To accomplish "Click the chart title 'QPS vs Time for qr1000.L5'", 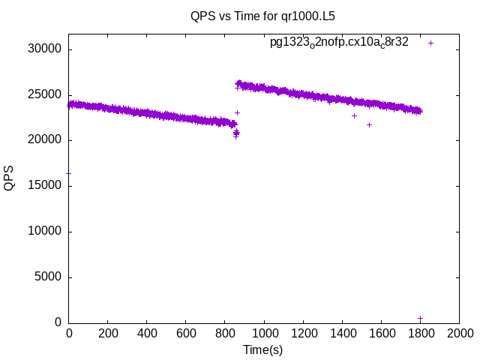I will click(x=262, y=15).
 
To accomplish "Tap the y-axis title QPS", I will click(x=9, y=178).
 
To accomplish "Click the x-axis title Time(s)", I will click(x=262, y=349).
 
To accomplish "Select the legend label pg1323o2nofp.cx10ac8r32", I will click(x=339, y=43).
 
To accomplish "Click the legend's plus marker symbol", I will click(x=430, y=43).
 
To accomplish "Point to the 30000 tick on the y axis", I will click(x=45, y=49).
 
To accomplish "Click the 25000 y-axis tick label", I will click(x=45, y=95).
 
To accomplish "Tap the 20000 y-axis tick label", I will click(x=45, y=140).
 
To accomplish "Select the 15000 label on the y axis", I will click(x=45, y=186).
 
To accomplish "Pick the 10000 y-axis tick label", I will click(x=45, y=232).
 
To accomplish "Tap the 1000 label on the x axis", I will click(x=264, y=332).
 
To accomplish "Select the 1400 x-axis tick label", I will click(x=342, y=332).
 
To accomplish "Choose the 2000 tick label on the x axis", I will click(x=459, y=332).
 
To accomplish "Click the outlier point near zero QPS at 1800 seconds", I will click(x=420, y=318).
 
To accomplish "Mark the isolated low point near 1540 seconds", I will click(x=369, y=124).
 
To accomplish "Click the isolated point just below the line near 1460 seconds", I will click(x=354, y=115).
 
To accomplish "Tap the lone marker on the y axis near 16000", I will click(x=69, y=173).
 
